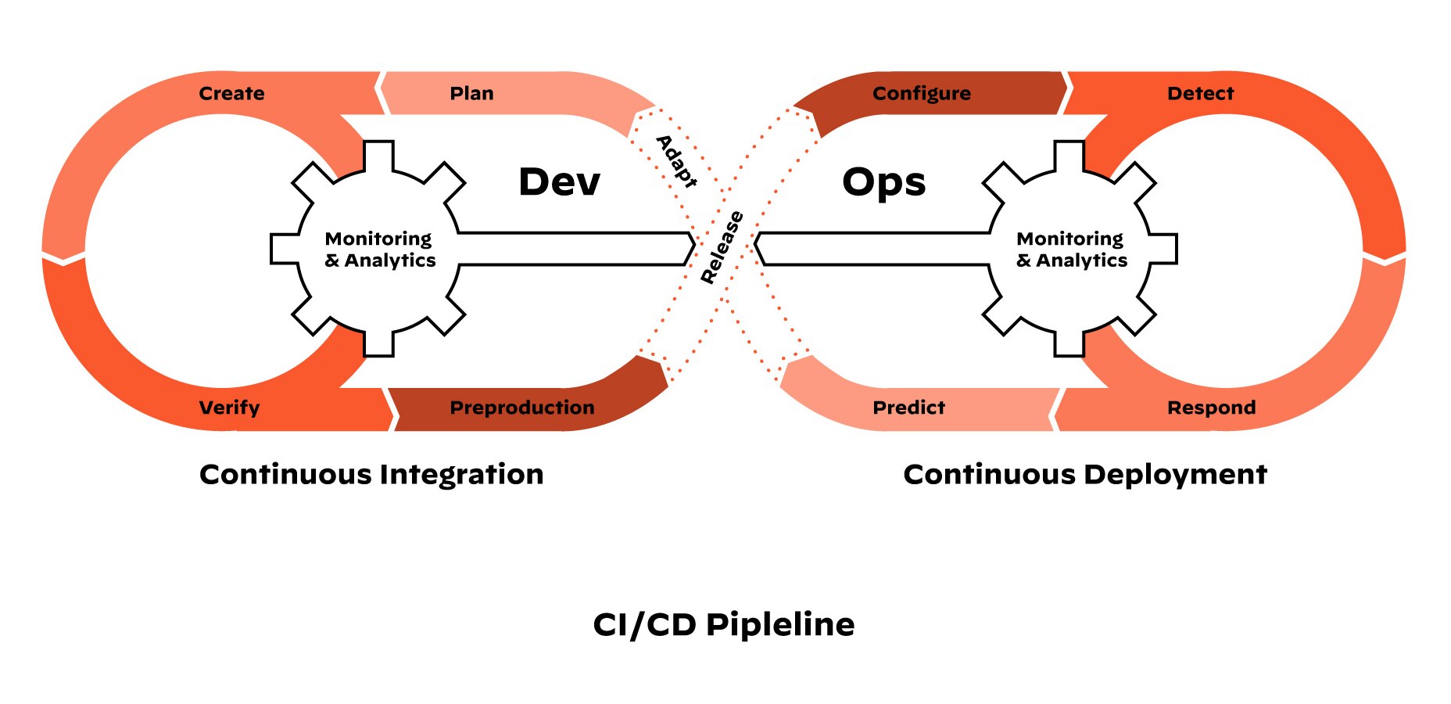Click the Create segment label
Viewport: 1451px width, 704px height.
(231, 94)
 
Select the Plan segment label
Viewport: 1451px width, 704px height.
(471, 94)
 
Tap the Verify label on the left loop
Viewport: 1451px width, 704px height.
(229, 408)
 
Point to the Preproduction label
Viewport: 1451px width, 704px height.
(522, 408)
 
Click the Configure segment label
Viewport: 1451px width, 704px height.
(922, 94)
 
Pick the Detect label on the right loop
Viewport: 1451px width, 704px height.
(1200, 94)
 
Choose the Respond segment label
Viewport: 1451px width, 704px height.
(1211, 408)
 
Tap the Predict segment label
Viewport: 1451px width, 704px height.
(908, 408)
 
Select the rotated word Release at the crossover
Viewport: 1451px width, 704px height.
(722, 247)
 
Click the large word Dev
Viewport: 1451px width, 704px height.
(560, 182)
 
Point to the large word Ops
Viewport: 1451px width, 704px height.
(883, 182)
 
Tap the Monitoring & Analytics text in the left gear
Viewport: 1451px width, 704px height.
(380, 250)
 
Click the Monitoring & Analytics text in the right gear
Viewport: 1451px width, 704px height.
(1072, 250)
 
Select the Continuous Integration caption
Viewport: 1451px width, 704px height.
(371, 475)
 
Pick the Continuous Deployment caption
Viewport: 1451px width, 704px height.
(1085, 475)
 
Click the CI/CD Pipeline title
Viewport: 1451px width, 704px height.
(724, 625)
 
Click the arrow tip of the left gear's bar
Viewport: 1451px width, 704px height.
(692, 249)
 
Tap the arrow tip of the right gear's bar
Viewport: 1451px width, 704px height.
(757, 249)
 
